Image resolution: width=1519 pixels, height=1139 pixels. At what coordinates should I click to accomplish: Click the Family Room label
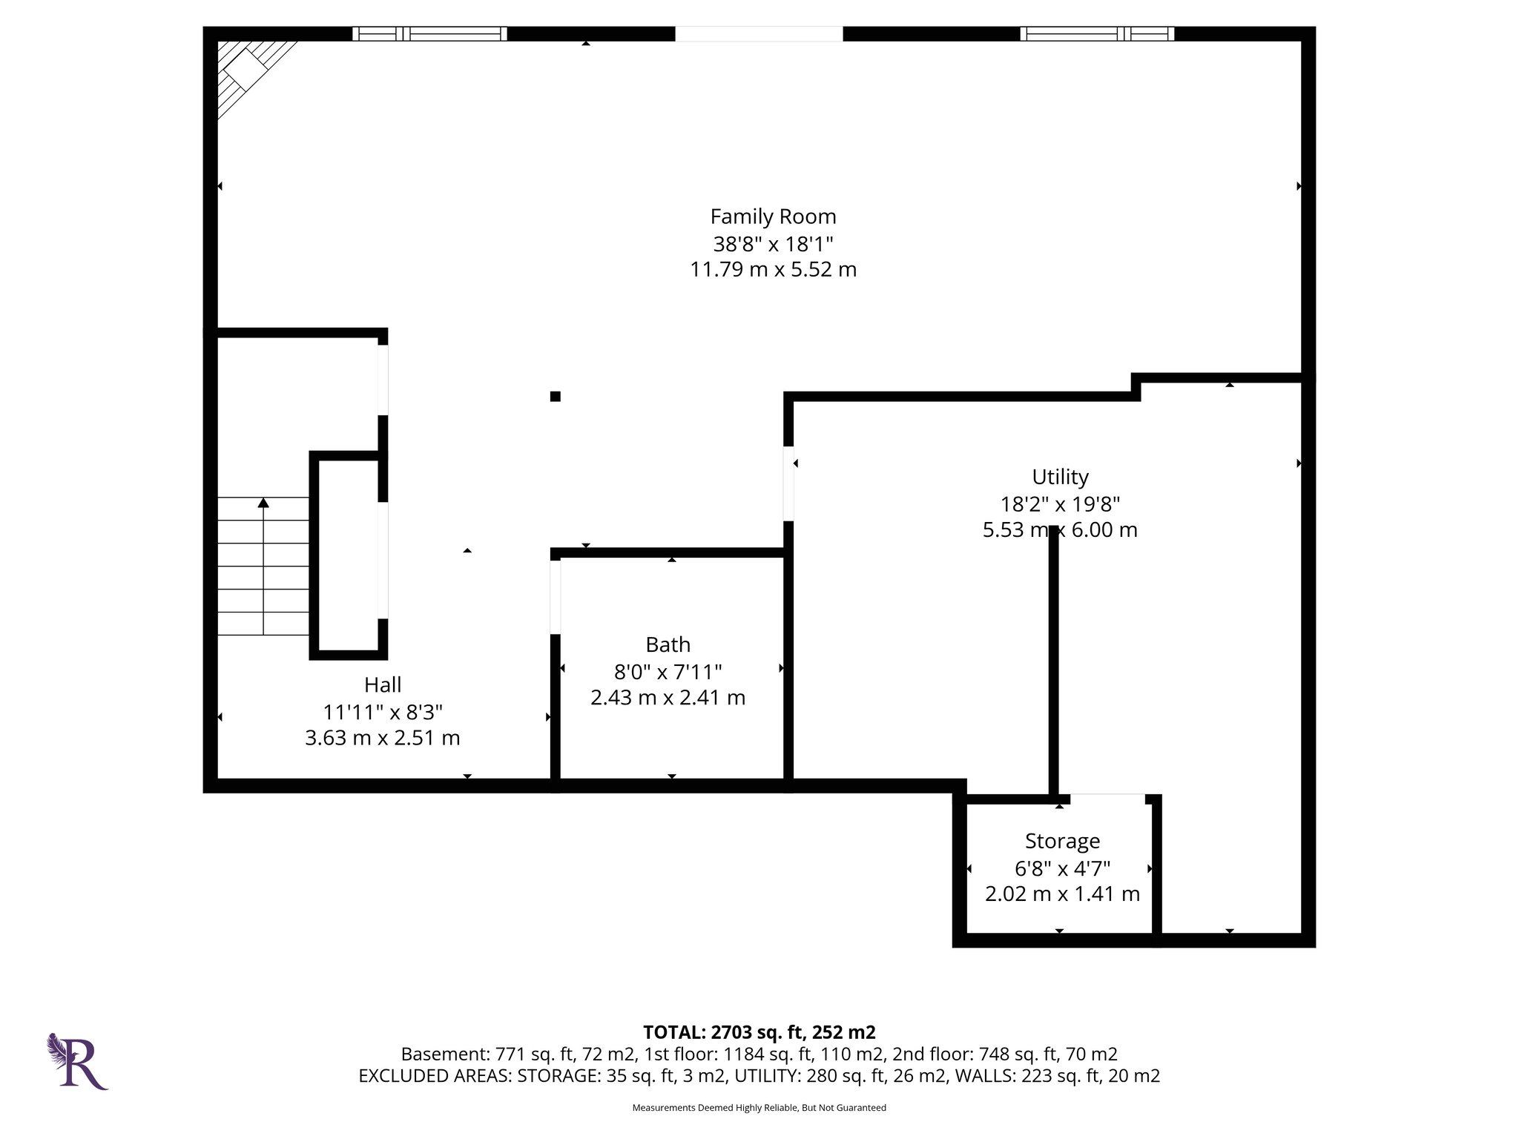(x=773, y=217)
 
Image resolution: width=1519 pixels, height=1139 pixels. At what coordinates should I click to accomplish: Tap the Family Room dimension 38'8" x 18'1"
(x=773, y=243)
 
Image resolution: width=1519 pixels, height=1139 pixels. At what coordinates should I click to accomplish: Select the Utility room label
(x=1060, y=477)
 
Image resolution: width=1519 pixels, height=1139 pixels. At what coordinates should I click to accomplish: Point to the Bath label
(x=668, y=644)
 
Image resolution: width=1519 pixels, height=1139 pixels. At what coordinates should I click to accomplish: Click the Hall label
(x=383, y=684)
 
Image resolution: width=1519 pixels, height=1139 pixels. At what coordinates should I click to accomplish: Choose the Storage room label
(x=1062, y=841)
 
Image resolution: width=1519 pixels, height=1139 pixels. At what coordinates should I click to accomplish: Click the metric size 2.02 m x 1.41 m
(x=1062, y=894)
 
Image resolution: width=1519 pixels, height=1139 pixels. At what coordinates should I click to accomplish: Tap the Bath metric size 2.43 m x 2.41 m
(x=668, y=698)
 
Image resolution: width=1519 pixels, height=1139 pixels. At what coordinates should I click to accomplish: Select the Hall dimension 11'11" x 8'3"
(x=383, y=712)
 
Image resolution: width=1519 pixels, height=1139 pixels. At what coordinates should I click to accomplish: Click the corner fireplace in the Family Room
(x=248, y=73)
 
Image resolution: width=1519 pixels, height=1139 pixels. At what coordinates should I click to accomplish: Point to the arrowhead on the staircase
(x=263, y=504)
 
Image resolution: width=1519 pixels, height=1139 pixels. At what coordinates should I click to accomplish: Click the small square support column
(x=555, y=396)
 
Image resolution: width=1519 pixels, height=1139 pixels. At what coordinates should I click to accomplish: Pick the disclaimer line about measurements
(x=759, y=1108)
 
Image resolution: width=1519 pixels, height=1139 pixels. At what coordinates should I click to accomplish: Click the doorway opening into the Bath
(x=555, y=597)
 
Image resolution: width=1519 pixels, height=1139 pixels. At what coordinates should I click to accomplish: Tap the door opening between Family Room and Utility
(x=788, y=483)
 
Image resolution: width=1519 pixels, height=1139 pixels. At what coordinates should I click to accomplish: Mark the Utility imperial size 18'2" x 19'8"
(x=1060, y=504)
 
